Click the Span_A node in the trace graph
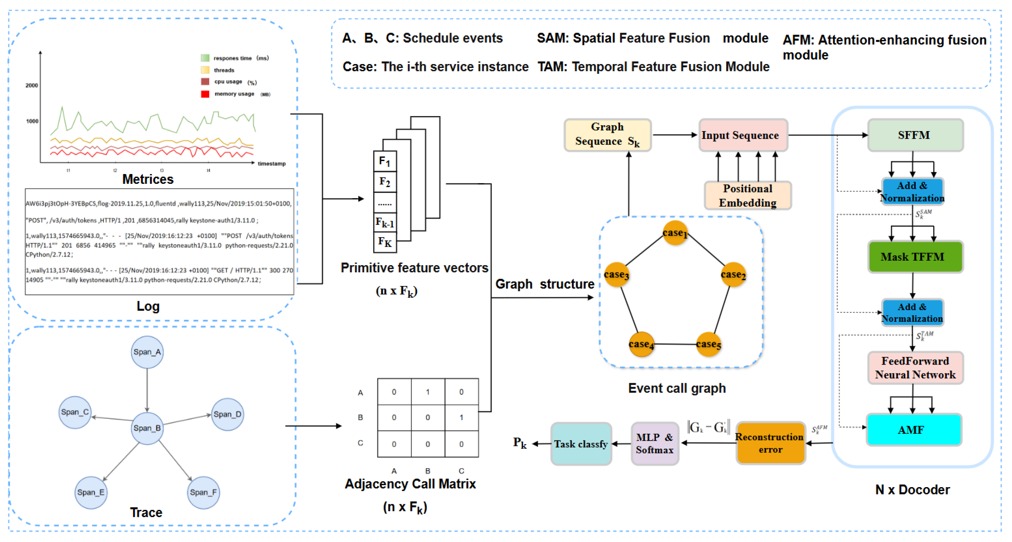147,352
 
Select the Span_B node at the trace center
147,428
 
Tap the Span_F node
203,493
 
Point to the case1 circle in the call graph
675,233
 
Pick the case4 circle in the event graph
641,344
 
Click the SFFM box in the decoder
915,135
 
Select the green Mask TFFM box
915,257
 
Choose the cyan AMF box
913,430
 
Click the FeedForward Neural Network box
915,368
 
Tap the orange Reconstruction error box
770,443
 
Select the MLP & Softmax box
655,444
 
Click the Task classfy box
581,444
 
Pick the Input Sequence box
743,135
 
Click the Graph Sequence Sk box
607,135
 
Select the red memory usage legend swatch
205,94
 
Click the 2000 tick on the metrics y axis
32,86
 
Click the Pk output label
519,443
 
